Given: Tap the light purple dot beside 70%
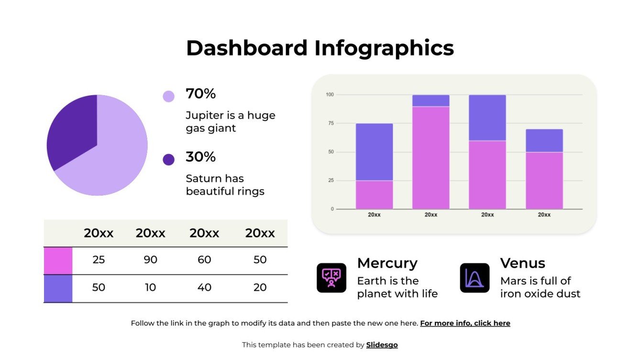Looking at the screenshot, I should pos(168,96).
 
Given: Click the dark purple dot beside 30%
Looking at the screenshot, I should pos(168,159).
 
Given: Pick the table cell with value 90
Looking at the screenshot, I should pos(151,260).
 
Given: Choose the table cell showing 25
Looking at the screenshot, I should pos(99,260).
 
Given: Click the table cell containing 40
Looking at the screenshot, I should pos(204,288).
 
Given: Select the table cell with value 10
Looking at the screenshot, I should pos(151,288).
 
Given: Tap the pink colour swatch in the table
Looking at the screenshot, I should pos(58,261).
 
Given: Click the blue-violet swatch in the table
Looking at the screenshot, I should pos(58,288).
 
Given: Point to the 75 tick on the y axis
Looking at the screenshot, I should pos(330,123).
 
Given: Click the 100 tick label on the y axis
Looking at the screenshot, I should pos(330,95).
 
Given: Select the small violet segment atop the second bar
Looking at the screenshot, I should pos(430,100).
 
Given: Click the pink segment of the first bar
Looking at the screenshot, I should pos(374,195).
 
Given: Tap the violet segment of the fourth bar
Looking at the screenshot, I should pos(544,141).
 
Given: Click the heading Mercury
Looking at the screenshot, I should pos(387,263).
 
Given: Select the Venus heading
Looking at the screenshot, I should pos(522,263).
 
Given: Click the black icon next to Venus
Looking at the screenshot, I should pos(474,278).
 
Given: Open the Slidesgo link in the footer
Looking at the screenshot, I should pos(382,345).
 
